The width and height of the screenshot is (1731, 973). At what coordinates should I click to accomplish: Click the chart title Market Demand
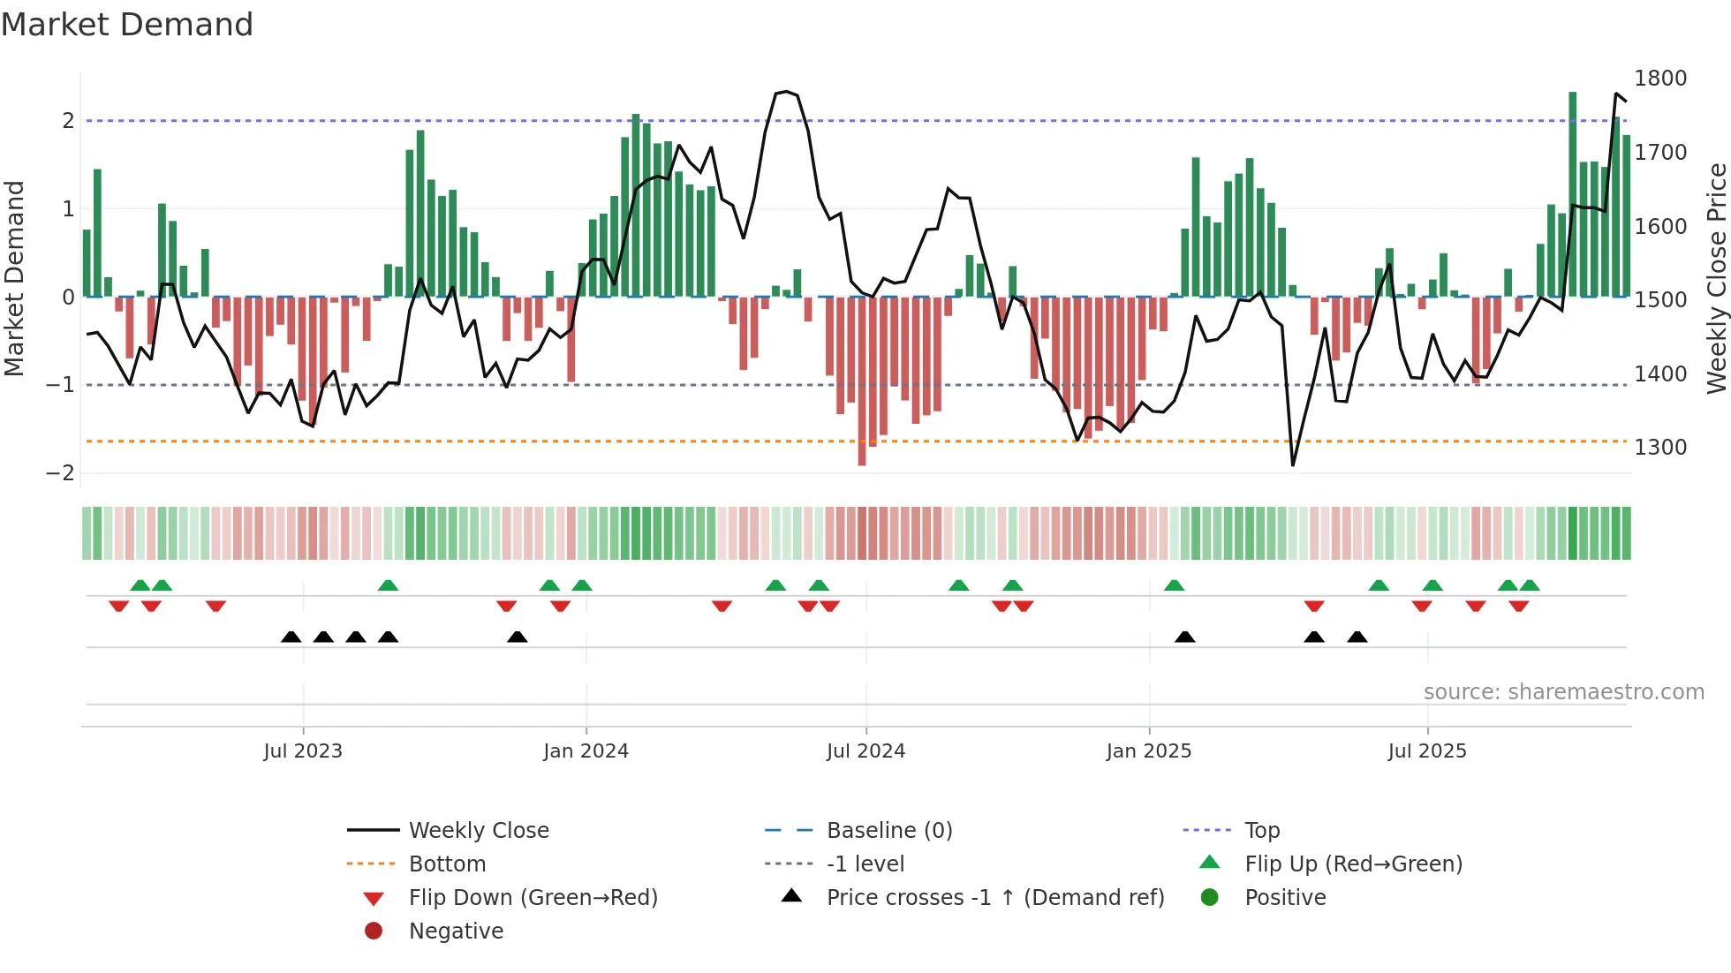point(127,25)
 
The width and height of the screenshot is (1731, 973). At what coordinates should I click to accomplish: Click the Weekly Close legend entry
point(478,830)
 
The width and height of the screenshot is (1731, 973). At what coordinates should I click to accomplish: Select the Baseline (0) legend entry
point(888,830)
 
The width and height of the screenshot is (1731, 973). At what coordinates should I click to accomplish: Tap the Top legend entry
point(1261,830)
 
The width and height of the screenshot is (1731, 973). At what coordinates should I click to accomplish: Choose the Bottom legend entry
point(447,864)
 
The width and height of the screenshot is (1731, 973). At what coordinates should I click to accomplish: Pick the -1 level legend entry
point(865,864)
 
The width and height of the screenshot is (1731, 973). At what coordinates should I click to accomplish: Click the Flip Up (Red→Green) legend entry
point(1353,864)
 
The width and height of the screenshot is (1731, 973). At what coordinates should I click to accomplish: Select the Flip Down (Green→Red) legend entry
point(533,897)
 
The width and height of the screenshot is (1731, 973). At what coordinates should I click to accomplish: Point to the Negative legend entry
point(456,931)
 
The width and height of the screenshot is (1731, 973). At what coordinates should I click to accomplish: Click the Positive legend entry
point(1285,897)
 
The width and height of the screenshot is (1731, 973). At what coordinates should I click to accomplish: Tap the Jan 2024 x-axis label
point(586,751)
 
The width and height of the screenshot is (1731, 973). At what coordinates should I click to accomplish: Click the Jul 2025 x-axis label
point(1426,751)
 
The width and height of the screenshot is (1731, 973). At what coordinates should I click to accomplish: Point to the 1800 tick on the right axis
point(1659,79)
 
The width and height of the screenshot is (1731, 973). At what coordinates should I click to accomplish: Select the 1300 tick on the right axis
point(1659,448)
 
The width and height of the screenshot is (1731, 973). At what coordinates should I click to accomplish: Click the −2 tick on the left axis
point(61,473)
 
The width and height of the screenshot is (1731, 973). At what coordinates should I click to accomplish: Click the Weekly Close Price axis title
point(1716,278)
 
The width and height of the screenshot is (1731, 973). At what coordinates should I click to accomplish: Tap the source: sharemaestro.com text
point(1563,692)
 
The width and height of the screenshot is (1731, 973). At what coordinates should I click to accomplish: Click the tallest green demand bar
point(1572,194)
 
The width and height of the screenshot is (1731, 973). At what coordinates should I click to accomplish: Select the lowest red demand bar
point(862,381)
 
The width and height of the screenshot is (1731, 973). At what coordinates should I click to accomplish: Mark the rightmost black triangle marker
point(1357,637)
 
